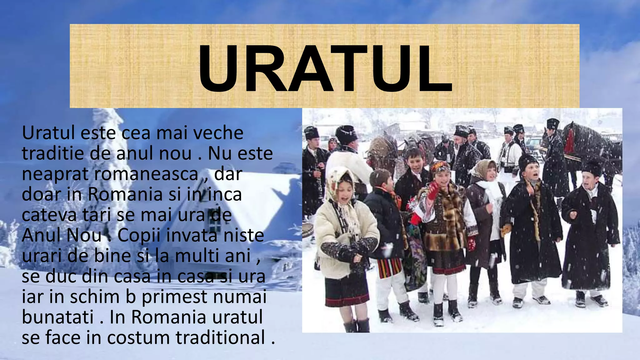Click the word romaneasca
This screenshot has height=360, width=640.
(x=146, y=174)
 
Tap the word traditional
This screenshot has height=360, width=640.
(x=220, y=338)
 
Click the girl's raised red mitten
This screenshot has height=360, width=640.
(x=433, y=190)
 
